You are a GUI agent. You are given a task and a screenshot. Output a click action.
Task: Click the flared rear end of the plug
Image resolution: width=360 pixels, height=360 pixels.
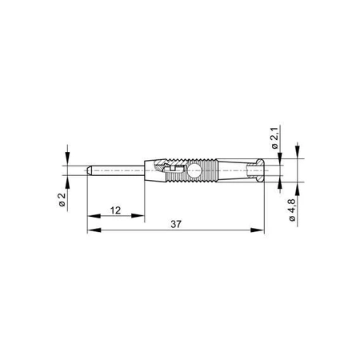[x=258, y=171]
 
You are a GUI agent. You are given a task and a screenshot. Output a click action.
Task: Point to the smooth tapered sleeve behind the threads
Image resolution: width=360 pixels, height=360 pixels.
[x=236, y=171]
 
